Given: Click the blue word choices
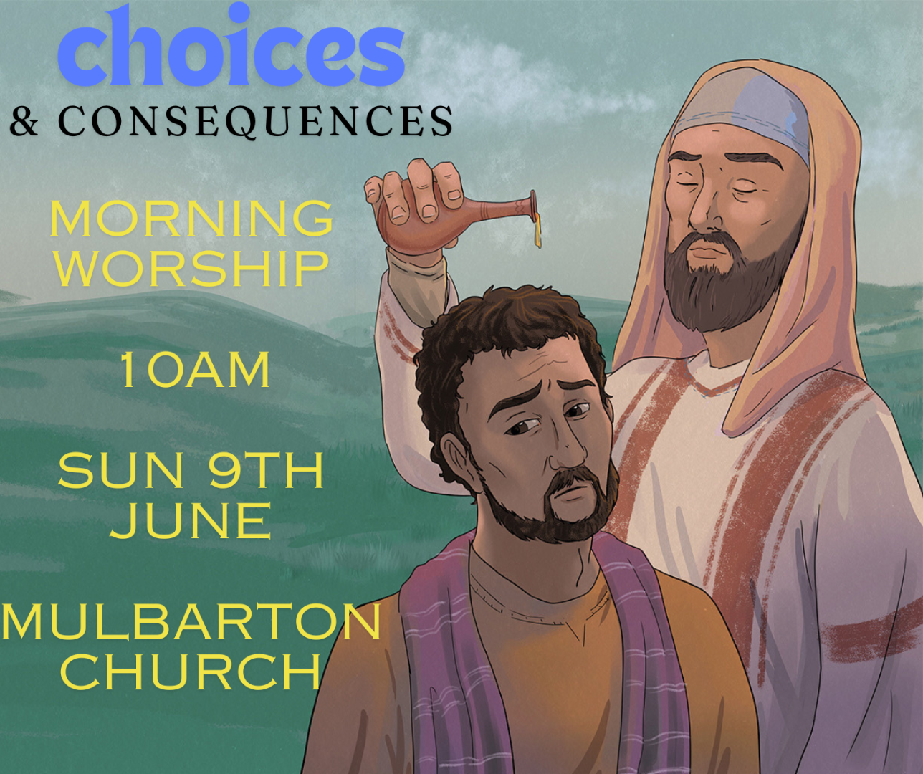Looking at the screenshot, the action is (x=231, y=46).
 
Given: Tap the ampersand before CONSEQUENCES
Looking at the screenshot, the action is (x=24, y=120).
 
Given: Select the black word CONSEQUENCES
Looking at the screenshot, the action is (x=256, y=121).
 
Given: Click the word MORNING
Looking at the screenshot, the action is (x=191, y=218).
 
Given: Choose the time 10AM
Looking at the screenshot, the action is (x=194, y=371).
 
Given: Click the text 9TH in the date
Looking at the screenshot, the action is (x=266, y=471).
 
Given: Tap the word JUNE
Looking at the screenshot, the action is (x=191, y=521).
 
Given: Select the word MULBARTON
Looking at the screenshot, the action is (x=191, y=621).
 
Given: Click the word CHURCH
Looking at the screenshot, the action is (x=191, y=672).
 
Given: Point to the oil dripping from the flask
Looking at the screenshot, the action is (x=537, y=231).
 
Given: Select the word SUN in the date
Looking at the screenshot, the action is (x=120, y=471).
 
